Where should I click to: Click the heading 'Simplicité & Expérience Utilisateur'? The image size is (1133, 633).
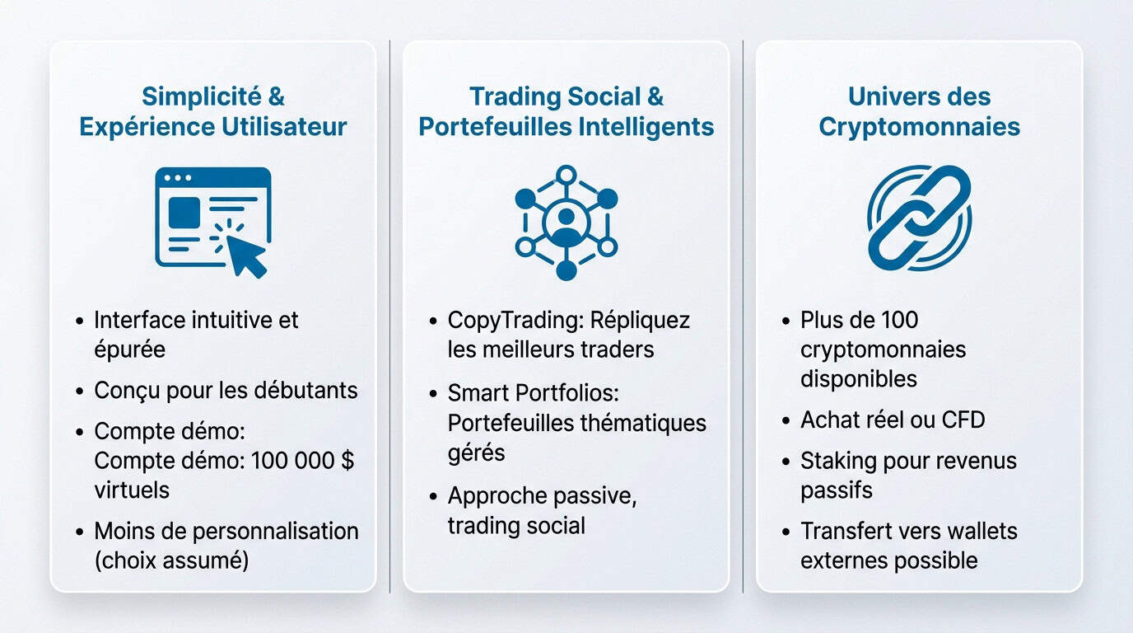pos(212,111)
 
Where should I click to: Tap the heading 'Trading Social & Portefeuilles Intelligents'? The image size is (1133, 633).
pos(566,111)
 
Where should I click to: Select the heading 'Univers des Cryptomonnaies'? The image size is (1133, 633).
pos(919,111)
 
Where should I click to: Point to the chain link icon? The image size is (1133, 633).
pos(919,218)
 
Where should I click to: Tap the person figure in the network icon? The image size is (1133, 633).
pos(566,221)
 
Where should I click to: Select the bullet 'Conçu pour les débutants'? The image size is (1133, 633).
pos(226,390)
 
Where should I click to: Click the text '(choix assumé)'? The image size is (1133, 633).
pos(171,560)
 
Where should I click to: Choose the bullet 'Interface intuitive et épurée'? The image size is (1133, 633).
pos(196,334)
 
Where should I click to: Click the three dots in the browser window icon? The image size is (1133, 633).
pos(178,178)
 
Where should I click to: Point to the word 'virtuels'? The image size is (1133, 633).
pos(132,490)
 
